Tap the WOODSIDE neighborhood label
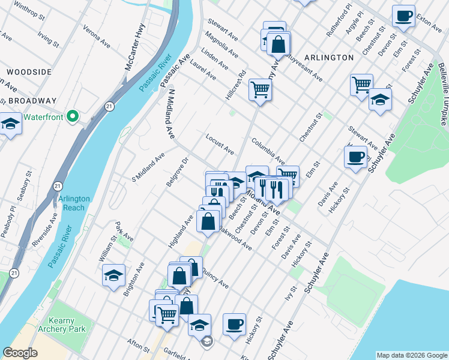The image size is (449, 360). tap(29, 72)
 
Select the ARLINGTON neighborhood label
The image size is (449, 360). tap(329, 58)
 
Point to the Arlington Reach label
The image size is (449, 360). tap(74, 203)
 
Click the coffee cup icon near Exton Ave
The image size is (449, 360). tap(403, 16)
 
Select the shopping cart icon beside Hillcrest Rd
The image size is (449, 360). tap(261, 89)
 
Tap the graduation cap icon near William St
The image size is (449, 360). tap(113, 275)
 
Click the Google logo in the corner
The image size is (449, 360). tap(20, 353)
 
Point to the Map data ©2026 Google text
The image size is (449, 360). tap(411, 355)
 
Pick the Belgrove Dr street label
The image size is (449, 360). tap(178, 171)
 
